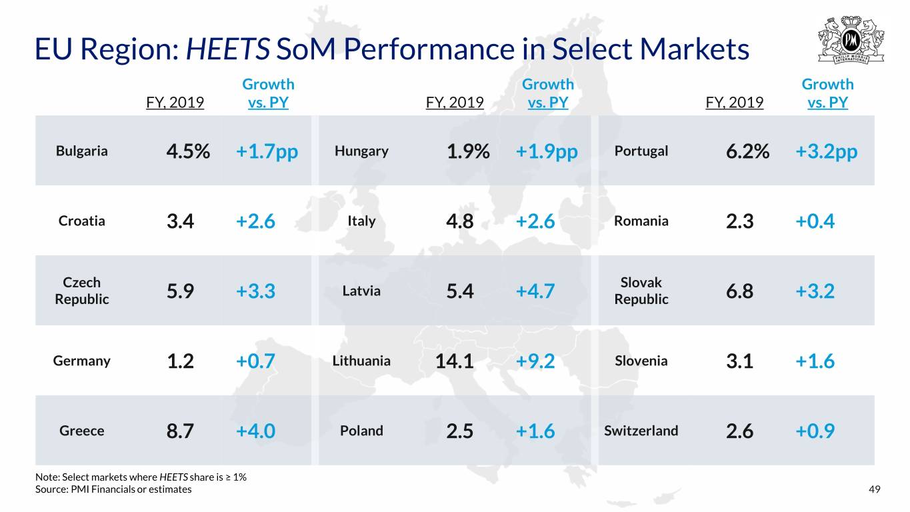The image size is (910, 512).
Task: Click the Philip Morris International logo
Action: (851, 40)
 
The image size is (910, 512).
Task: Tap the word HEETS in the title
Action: (228, 49)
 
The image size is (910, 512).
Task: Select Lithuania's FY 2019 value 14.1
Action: (454, 361)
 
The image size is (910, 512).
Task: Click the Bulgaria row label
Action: (81, 151)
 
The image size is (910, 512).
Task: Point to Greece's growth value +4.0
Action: (255, 431)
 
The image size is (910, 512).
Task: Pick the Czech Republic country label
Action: (81, 291)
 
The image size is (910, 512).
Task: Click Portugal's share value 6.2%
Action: (747, 151)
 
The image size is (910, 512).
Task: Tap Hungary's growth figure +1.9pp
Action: (547, 151)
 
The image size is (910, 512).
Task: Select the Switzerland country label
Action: (641, 430)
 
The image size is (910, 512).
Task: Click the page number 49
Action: (874, 489)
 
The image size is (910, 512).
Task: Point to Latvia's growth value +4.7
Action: (535, 291)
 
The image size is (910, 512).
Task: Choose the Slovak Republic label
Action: (641, 291)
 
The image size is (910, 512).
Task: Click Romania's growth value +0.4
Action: (815, 221)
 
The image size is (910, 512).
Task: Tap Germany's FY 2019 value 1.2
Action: (180, 361)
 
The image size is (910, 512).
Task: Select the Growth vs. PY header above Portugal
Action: (827, 93)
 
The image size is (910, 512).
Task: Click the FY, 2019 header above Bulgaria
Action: (175, 103)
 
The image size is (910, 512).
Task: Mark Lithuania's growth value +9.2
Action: (535, 361)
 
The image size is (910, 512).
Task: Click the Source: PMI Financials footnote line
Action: (113, 489)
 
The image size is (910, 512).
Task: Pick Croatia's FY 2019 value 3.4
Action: (180, 221)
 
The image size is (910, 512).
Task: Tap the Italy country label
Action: (361, 221)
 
